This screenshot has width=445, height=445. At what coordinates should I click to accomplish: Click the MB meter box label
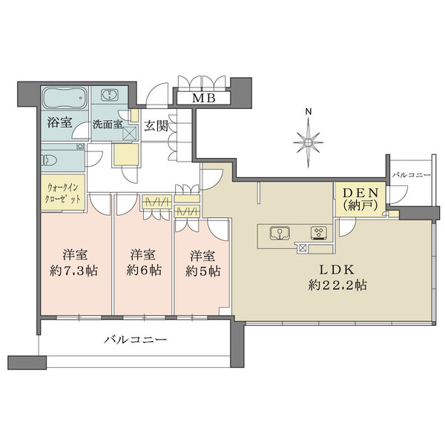point(204,98)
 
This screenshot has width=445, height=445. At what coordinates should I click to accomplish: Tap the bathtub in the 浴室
point(65,98)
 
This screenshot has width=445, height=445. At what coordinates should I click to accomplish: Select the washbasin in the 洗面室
point(109,95)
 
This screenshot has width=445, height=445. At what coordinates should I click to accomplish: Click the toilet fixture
point(50,160)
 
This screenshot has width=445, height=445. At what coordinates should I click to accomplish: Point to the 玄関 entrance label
point(156,126)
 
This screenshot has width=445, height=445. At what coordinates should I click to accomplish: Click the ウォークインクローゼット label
point(63,193)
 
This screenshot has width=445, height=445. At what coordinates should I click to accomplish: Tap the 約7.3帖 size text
point(73,271)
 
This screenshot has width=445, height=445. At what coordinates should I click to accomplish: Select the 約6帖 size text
point(144,270)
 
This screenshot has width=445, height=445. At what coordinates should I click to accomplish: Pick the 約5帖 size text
point(203,271)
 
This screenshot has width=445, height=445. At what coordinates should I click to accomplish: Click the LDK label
point(337,270)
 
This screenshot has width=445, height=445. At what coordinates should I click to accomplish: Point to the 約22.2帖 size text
point(337,285)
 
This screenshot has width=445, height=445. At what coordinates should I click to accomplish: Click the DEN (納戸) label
point(360,200)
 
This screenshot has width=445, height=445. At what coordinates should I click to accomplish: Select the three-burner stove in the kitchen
point(319,233)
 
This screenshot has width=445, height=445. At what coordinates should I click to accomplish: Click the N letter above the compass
point(309,111)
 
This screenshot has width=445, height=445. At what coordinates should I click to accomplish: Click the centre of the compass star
point(309,142)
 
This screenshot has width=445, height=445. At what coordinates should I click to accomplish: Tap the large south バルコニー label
point(135,339)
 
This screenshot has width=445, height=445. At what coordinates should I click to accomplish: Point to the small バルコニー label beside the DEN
point(412,175)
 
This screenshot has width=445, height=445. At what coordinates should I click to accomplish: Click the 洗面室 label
point(108,125)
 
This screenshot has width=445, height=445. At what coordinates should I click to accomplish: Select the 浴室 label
point(59,122)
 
